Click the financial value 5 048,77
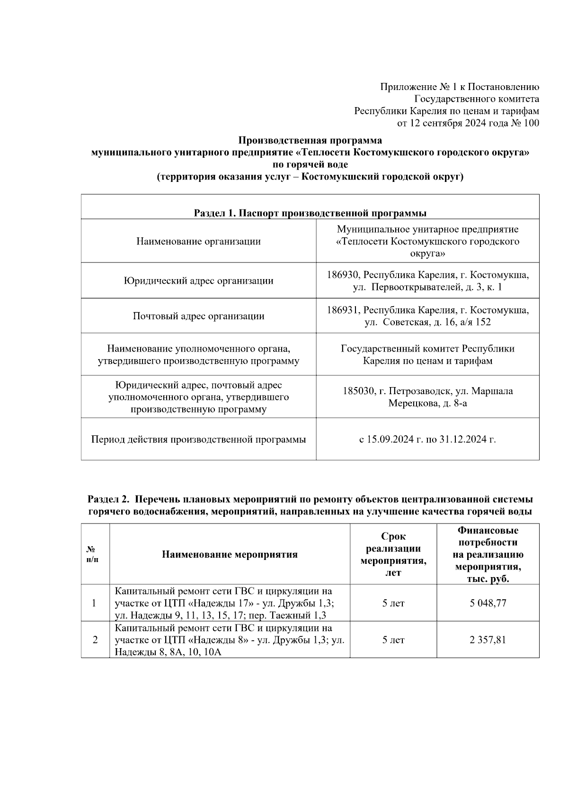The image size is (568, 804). (488, 603)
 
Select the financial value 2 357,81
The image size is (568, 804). (488, 640)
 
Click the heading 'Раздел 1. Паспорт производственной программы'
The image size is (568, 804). (310, 213)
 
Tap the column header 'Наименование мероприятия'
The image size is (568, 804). (230, 554)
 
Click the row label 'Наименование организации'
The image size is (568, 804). (198, 241)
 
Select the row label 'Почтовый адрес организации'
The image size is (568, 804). (198, 316)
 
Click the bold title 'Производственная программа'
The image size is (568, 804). (310, 140)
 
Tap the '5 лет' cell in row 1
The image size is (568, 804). (393, 603)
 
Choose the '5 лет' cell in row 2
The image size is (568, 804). (393, 640)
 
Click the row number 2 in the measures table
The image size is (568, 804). (95, 640)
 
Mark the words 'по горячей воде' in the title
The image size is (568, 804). (310, 165)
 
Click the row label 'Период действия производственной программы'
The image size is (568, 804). (198, 439)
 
